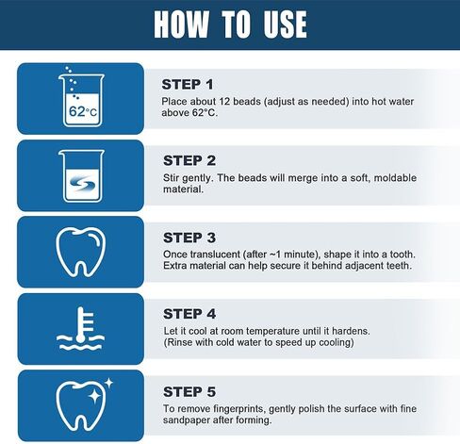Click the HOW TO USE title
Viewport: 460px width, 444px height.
tap(230, 25)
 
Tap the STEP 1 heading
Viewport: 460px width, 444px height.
tap(189, 84)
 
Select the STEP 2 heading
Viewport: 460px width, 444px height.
tap(189, 160)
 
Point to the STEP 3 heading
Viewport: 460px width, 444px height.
tap(189, 237)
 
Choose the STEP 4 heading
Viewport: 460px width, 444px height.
tap(189, 313)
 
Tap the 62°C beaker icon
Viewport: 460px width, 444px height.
tap(80, 99)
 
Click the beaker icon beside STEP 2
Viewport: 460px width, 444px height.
tap(80, 175)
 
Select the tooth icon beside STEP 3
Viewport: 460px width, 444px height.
tap(80, 252)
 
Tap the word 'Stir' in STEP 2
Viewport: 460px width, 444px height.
tap(171, 177)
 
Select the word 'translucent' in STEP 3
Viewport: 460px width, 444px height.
tap(213, 255)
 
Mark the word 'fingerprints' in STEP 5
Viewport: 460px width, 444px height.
tap(244, 407)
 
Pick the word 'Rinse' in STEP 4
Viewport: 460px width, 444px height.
tap(181, 343)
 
